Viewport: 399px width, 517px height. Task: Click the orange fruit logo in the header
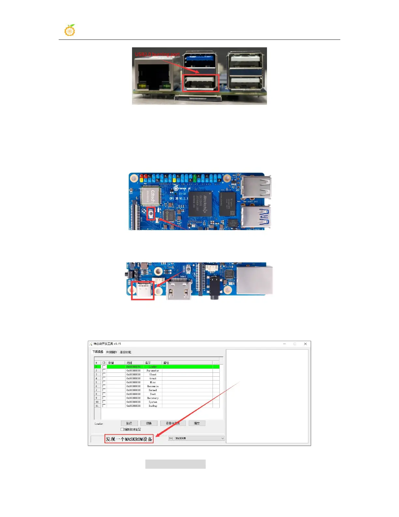pos(70,30)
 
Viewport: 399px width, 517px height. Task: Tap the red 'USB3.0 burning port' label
pos(157,54)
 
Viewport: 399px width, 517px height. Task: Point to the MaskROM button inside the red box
pos(151,214)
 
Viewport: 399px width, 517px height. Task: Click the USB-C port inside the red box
pos(143,290)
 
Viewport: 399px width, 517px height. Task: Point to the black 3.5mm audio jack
pos(214,287)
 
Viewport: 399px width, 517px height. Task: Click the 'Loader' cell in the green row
pos(153,367)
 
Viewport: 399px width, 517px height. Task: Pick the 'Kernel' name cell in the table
pos(153,390)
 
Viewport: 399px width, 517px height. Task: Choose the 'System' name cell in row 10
pos(153,402)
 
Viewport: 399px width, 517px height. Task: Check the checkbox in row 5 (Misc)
pos(104,382)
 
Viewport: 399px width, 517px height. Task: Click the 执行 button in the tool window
pos(129,423)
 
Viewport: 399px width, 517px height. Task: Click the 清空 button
pos(197,423)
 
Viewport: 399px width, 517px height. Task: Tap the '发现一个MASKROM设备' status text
pos(129,439)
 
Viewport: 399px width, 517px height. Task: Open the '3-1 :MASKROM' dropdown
pos(196,438)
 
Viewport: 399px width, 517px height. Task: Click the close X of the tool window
pos(305,344)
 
